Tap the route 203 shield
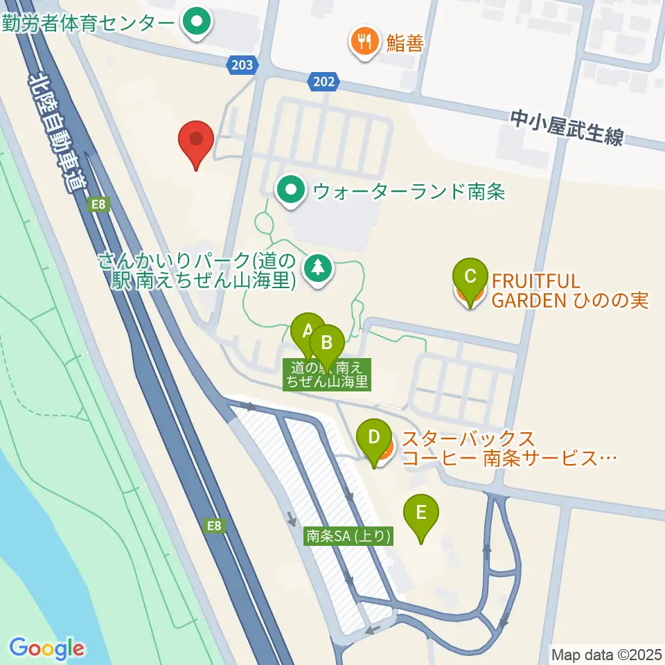(x=242, y=65)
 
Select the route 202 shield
(x=323, y=82)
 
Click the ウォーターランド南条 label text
(x=409, y=190)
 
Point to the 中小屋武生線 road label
(x=567, y=128)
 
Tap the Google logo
(x=47, y=648)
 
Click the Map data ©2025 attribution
(x=605, y=654)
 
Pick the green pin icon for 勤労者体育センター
(x=196, y=22)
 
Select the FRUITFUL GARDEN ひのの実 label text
(x=569, y=291)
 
